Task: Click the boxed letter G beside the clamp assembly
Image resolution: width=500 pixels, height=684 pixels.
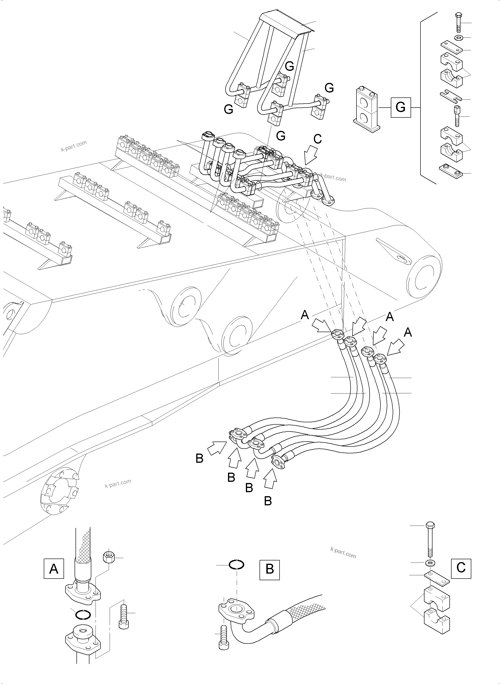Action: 400,107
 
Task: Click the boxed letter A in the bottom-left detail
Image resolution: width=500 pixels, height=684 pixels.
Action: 54,569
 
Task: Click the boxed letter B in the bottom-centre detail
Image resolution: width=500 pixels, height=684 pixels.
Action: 269,570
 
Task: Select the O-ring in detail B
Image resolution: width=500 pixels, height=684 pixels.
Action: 236,565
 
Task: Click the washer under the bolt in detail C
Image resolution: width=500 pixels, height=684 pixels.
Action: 430,563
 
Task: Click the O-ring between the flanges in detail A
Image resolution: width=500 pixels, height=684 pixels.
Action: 82,615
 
